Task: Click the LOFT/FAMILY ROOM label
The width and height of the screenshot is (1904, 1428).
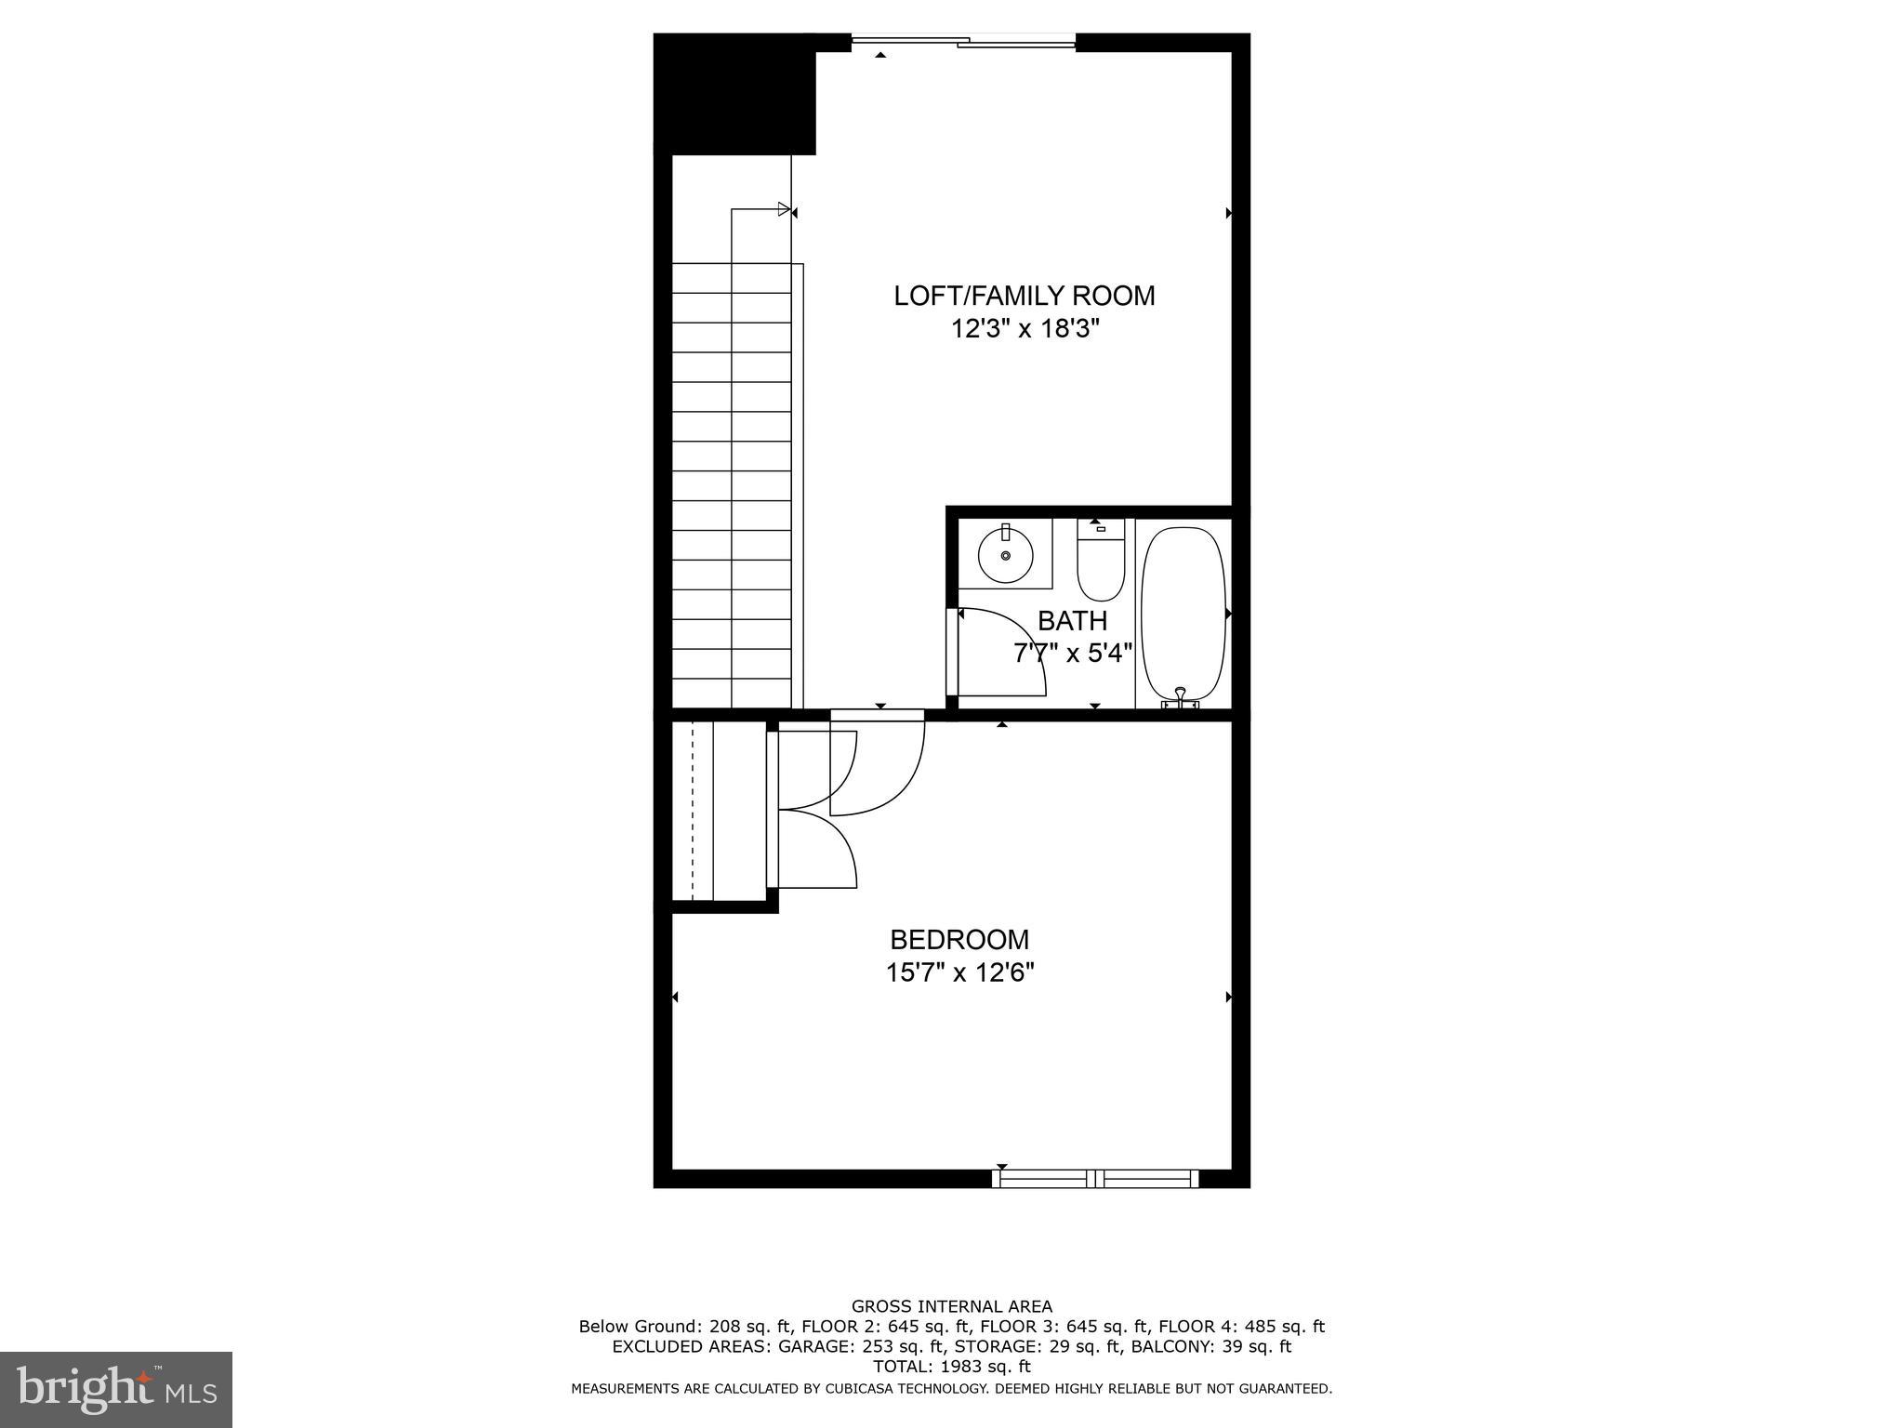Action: click(x=1024, y=296)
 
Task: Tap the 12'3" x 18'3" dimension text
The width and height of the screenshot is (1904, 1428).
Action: click(x=1024, y=329)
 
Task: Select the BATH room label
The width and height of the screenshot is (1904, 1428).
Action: click(x=1072, y=620)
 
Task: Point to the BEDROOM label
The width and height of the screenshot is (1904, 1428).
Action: click(x=959, y=939)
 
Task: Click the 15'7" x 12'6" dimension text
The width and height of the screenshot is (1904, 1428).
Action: click(x=959, y=972)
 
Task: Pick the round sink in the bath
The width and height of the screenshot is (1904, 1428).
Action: click(x=1005, y=554)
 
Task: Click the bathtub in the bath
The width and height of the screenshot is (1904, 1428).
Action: click(x=1183, y=614)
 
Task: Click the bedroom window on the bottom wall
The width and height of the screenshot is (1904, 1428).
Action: click(x=1095, y=1179)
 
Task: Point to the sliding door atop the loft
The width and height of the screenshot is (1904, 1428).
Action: click(x=964, y=41)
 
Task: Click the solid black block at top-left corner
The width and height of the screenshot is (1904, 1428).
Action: click(x=734, y=93)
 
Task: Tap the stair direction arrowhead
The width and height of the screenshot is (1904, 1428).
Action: click(x=784, y=209)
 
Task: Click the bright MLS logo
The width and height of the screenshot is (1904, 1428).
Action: click(x=116, y=1390)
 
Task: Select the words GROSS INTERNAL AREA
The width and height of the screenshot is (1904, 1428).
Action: click(x=951, y=1306)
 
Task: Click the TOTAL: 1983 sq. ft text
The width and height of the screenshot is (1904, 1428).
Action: click(x=951, y=1366)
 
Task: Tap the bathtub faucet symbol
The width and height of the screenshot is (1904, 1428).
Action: click(x=1181, y=697)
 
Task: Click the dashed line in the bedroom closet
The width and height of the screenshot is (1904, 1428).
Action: click(x=693, y=811)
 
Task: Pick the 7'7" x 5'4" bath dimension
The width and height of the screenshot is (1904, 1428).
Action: click(x=1072, y=653)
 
